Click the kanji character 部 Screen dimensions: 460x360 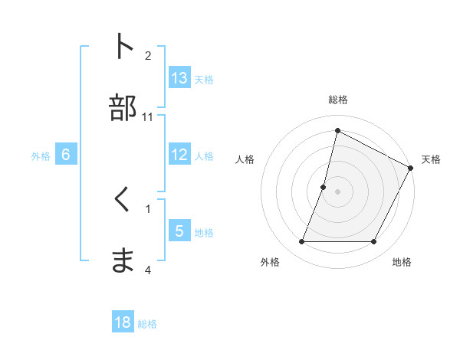pos(123,108)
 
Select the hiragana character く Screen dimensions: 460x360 pos(123,201)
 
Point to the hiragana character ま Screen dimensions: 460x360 pos(123,260)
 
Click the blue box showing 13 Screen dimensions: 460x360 pos(179,78)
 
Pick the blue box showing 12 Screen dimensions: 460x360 pos(179,155)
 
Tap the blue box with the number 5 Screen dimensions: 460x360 pos(179,231)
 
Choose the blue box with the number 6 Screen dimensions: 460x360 pos(66,155)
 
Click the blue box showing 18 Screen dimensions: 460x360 pos(123,322)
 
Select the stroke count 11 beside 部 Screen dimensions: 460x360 pos(148,117)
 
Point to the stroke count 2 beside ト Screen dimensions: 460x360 pos(148,55)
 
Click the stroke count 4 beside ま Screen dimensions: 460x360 pos(148,270)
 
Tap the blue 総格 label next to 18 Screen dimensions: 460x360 pos(147,324)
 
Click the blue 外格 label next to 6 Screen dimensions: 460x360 pos(41,155)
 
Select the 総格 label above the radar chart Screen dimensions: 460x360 pos(337,100)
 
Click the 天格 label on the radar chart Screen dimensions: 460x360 pos(431,159)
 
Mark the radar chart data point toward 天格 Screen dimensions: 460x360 pos(412,168)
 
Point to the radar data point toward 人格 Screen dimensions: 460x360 pos(324,187)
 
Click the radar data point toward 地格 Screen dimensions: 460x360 pos(374,242)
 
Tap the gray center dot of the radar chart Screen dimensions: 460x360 pos(337,191)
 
